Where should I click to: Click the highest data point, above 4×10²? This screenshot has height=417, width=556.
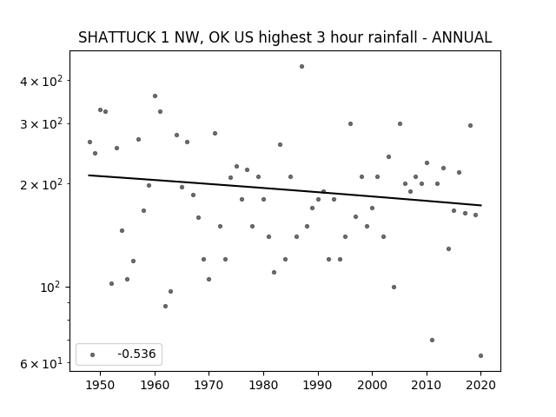point(301,66)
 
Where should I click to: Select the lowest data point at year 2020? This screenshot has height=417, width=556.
point(480,355)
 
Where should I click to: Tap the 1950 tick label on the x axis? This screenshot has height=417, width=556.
point(101,385)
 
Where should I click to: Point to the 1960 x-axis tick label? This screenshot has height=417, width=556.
point(155,385)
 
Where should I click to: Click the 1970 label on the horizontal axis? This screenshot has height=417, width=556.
point(208,385)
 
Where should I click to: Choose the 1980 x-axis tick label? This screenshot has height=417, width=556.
point(263,385)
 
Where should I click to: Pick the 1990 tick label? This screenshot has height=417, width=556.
point(318,385)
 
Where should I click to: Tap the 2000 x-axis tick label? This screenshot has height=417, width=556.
point(372,385)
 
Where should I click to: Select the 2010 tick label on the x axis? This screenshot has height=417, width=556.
point(427,385)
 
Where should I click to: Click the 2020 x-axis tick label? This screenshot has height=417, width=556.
point(480,385)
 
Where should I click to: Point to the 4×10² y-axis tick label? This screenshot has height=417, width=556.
point(41,81)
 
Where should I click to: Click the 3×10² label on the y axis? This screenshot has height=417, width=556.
point(41,124)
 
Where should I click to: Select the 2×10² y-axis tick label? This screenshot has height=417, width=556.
point(41,184)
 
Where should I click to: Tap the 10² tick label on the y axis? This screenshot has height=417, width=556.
point(51,287)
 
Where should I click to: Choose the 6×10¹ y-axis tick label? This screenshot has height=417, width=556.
point(41,363)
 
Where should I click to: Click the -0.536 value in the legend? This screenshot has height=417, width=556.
point(136,354)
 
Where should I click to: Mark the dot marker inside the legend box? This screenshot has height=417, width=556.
point(93,354)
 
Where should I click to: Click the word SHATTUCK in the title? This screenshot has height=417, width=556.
point(116,37)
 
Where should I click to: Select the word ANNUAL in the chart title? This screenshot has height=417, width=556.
point(461,37)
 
